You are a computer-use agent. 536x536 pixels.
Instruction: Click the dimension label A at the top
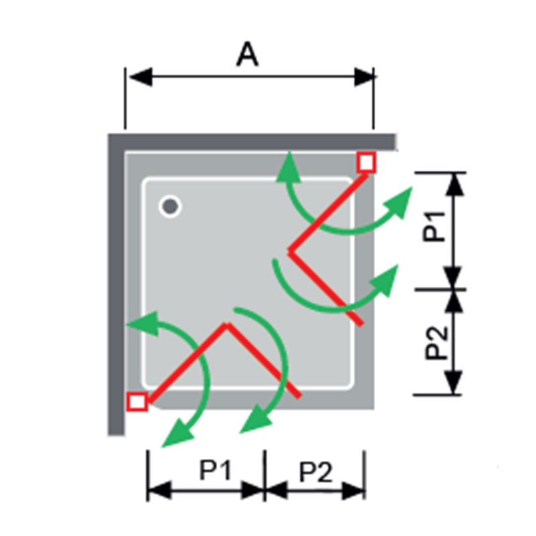click(x=247, y=54)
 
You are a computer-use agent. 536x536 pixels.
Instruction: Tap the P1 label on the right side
click(x=434, y=226)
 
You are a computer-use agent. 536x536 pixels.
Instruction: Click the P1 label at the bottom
click(x=215, y=470)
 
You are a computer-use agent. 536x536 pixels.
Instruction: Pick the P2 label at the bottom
click(x=316, y=472)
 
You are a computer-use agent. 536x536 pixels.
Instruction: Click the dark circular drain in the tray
click(x=170, y=206)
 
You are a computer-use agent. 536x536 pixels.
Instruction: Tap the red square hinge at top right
click(x=366, y=162)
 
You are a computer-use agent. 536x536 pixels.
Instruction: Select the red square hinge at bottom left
click(x=137, y=401)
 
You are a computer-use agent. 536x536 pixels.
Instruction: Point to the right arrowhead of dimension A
click(x=364, y=77)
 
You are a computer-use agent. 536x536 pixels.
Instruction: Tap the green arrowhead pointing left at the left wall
click(x=143, y=324)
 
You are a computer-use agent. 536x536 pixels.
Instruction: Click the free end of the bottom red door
click(x=299, y=396)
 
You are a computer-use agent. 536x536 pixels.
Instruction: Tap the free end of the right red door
click(x=360, y=323)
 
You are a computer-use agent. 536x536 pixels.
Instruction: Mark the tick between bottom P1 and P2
click(x=265, y=476)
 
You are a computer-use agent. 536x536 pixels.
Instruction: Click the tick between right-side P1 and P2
click(x=440, y=289)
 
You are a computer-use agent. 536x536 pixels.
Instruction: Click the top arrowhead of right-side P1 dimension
click(x=456, y=185)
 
